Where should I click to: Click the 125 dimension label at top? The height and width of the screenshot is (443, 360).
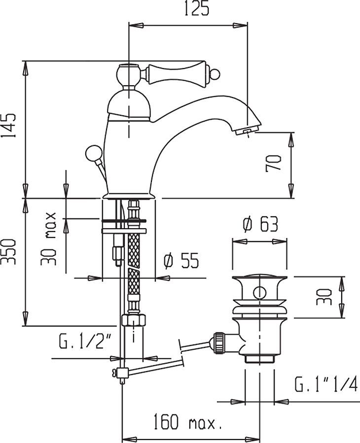coord(188,9)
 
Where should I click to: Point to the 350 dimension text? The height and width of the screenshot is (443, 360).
coord(10,251)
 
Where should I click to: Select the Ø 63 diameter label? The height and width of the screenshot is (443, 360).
coord(260,225)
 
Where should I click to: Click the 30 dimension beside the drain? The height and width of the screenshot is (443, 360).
coord(324,297)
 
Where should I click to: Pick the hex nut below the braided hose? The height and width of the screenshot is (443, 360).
coord(134,320)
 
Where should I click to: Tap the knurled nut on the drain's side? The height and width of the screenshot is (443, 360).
coord(218,342)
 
